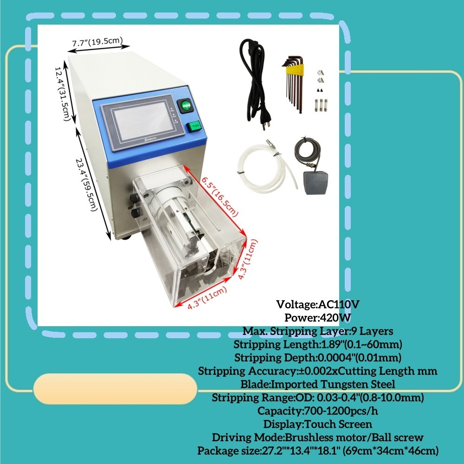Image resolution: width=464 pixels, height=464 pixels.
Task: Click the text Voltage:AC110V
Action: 318,304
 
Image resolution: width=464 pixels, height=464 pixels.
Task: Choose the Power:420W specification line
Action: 318,318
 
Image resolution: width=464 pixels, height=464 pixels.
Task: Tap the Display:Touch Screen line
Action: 318,424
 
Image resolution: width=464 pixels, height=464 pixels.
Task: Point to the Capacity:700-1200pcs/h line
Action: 318,411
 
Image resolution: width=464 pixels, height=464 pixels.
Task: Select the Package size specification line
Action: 318,451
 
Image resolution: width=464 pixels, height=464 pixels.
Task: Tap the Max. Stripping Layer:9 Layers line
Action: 318,331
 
